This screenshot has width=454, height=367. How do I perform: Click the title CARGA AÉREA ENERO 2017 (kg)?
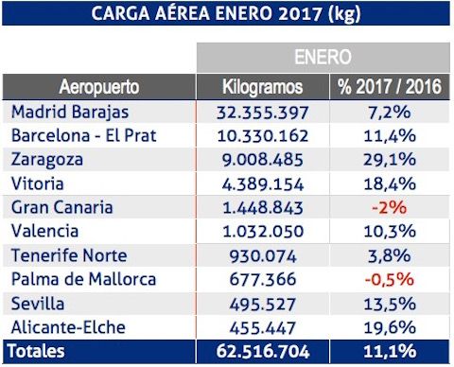click(227, 13)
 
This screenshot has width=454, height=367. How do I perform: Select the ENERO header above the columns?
click(323, 56)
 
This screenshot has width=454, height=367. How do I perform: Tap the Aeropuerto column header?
click(99, 87)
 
